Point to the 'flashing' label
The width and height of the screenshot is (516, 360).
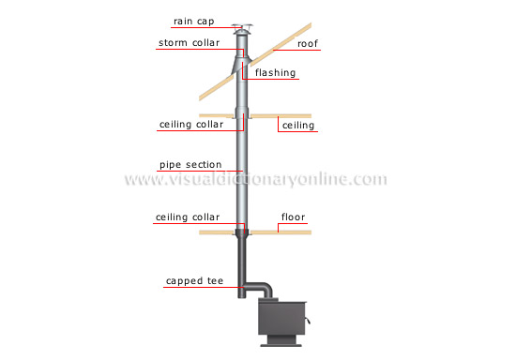[275, 72]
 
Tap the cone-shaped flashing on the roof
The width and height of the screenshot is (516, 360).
[238, 67]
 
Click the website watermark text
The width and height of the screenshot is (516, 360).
[257, 180]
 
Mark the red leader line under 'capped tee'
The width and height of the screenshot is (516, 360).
[202, 288]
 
